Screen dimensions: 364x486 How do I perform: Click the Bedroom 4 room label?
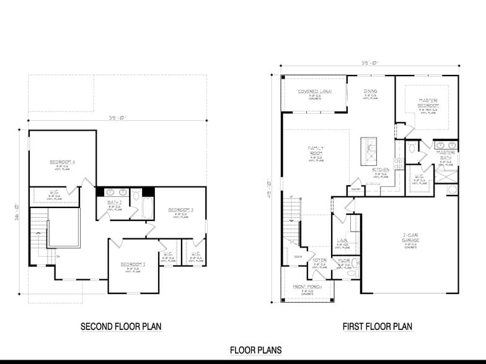63,162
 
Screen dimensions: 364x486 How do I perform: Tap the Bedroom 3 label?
181,210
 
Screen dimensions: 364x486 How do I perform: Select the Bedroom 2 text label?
133,264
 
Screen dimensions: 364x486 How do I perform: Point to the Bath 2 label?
113,202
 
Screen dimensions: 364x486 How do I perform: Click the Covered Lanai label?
314,92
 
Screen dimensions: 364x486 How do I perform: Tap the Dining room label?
370,92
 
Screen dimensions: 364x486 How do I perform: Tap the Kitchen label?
380,170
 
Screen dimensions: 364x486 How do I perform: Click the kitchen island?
369,150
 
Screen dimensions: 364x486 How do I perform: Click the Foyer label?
319,260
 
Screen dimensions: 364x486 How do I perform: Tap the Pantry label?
338,189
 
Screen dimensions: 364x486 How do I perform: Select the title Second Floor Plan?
121,326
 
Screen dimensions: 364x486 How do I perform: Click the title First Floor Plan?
377,326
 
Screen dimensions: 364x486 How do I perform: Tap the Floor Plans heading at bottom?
255,350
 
